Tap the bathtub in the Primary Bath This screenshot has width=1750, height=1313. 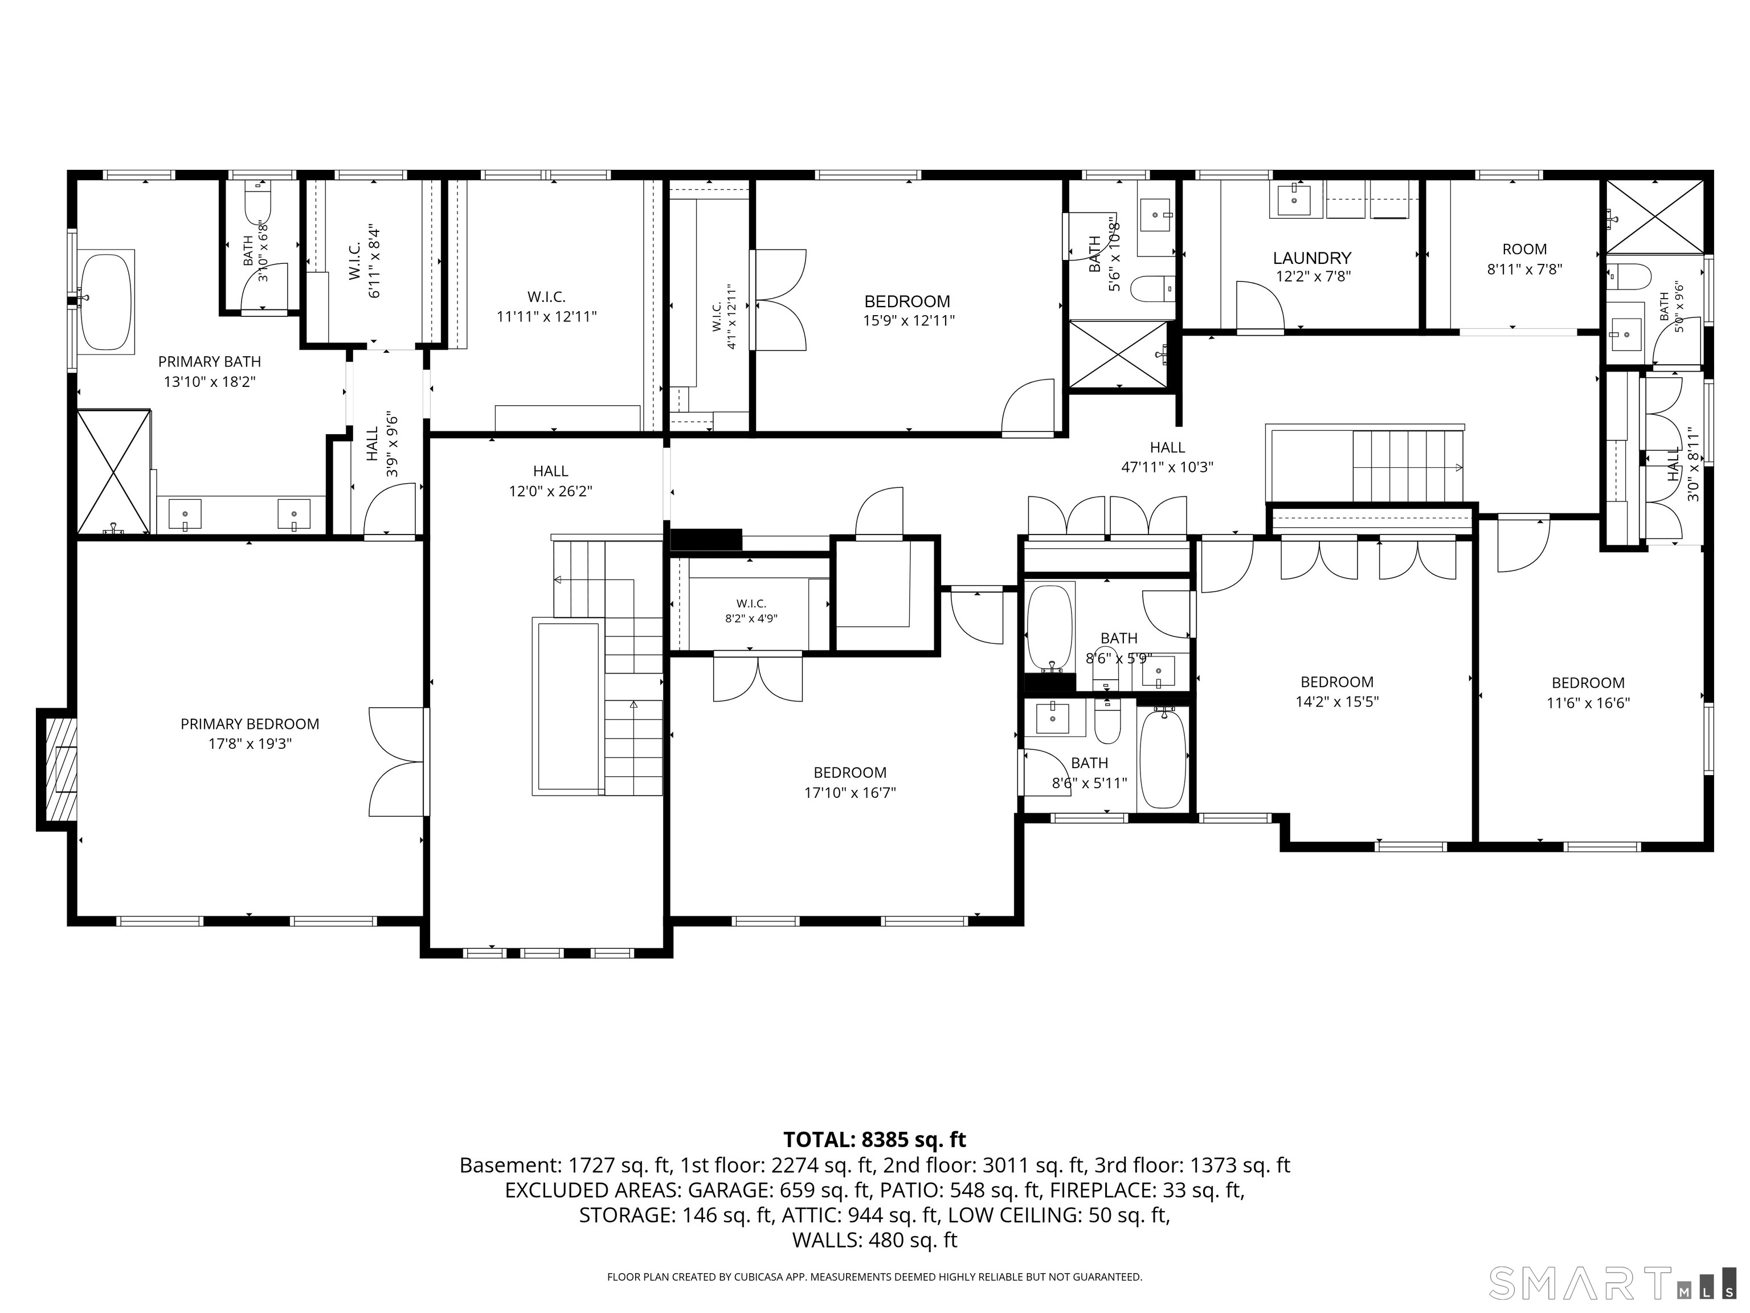[x=106, y=301]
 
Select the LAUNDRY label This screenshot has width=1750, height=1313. [x=1312, y=258]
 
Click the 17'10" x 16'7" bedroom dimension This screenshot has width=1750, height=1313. [x=851, y=792]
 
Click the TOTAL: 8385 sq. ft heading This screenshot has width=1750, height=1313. [x=874, y=1140]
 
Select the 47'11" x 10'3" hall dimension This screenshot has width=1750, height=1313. [x=1167, y=467]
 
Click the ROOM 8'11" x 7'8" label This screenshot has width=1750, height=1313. [x=1524, y=259]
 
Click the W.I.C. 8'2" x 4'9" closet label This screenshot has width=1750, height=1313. [x=751, y=611]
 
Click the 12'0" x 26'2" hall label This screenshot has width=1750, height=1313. [x=551, y=481]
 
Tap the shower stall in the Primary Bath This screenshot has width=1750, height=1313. [x=114, y=472]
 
